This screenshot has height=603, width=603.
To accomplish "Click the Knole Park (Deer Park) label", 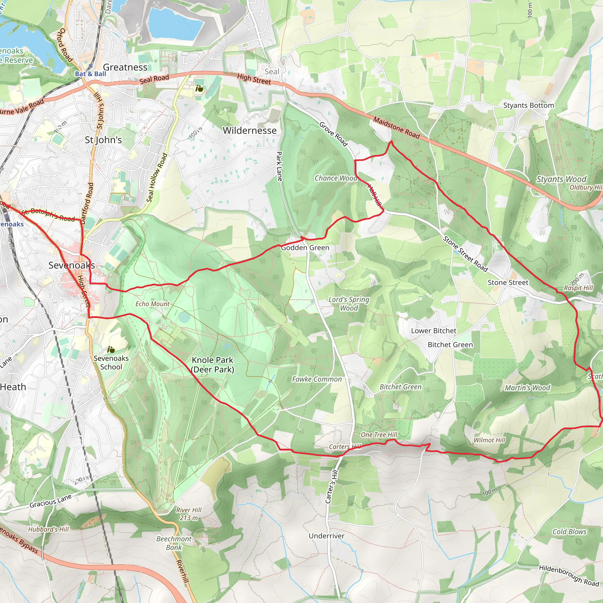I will click(x=213, y=365).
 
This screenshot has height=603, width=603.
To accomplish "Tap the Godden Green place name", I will click(x=305, y=248).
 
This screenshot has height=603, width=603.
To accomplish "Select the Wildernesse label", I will click(x=249, y=130).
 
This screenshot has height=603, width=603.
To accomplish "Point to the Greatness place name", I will click(x=125, y=67).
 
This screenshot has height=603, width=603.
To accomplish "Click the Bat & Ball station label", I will click(x=90, y=74).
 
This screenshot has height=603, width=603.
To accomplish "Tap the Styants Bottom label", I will click(x=529, y=105).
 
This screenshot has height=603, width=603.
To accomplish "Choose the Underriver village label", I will click(x=327, y=536).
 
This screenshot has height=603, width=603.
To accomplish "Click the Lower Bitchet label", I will click(x=433, y=331).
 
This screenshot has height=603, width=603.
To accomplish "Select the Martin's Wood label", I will click(x=527, y=388).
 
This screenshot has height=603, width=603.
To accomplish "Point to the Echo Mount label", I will click(x=152, y=304).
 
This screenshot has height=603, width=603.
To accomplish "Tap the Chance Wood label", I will click(x=336, y=178).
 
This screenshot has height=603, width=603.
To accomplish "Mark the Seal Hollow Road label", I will click(x=157, y=178).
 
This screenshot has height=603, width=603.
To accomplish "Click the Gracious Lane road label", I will click(x=51, y=501).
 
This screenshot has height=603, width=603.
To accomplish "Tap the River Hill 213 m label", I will click(x=188, y=514).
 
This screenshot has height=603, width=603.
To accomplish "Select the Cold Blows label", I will click(x=569, y=531).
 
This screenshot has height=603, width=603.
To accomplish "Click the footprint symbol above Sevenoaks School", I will click(x=111, y=349).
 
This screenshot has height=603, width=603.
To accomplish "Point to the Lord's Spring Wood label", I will click(x=349, y=304).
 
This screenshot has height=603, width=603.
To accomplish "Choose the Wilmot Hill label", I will click(x=489, y=440).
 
